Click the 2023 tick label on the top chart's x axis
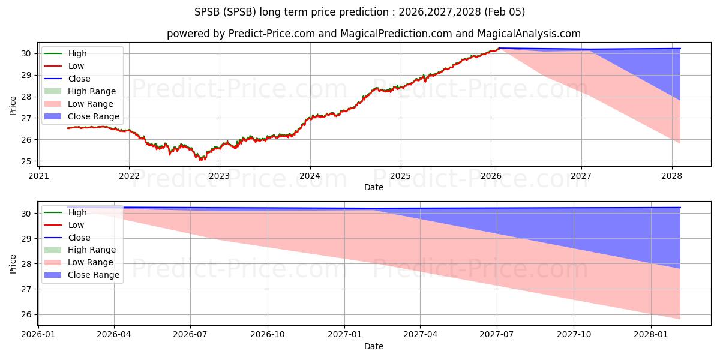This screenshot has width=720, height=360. click(x=220, y=176)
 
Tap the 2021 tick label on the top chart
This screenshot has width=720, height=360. click(x=38, y=176)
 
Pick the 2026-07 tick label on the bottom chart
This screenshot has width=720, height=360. click(x=190, y=335)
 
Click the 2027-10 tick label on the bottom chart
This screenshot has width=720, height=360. click(x=574, y=335)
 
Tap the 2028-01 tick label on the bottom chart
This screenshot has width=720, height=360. click(x=651, y=335)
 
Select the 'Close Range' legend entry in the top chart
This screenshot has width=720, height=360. click(x=93, y=116)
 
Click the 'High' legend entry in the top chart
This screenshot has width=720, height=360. click(x=77, y=53)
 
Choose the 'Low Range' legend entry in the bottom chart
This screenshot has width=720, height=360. click(x=91, y=262)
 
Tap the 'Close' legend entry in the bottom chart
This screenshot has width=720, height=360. click(x=79, y=238)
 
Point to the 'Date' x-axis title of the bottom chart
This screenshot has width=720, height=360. click(x=374, y=346)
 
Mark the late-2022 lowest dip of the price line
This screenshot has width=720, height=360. click(x=201, y=160)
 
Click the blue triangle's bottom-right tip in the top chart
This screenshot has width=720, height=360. click(x=680, y=100)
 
